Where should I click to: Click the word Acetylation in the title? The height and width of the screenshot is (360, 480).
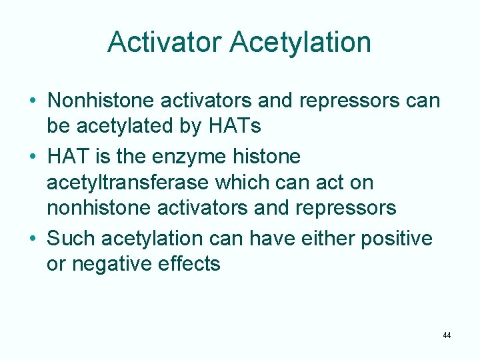[x=300, y=42]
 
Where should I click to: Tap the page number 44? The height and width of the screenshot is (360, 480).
[x=446, y=335]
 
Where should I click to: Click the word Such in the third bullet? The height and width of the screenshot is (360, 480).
[x=71, y=238]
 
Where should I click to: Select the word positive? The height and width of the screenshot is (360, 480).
[x=397, y=238]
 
